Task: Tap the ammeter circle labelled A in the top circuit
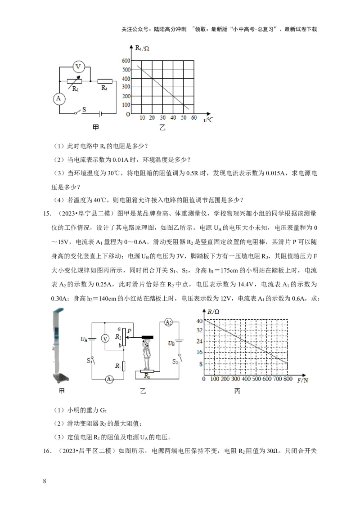tap(58, 98)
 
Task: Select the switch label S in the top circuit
tap(84, 109)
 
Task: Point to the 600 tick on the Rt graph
tap(126, 61)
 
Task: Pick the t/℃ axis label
tap(208, 120)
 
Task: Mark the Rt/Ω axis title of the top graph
tap(142, 47)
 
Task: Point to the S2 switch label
tap(177, 361)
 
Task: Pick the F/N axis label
tap(302, 381)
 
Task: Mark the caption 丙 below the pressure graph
tap(237, 392)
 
